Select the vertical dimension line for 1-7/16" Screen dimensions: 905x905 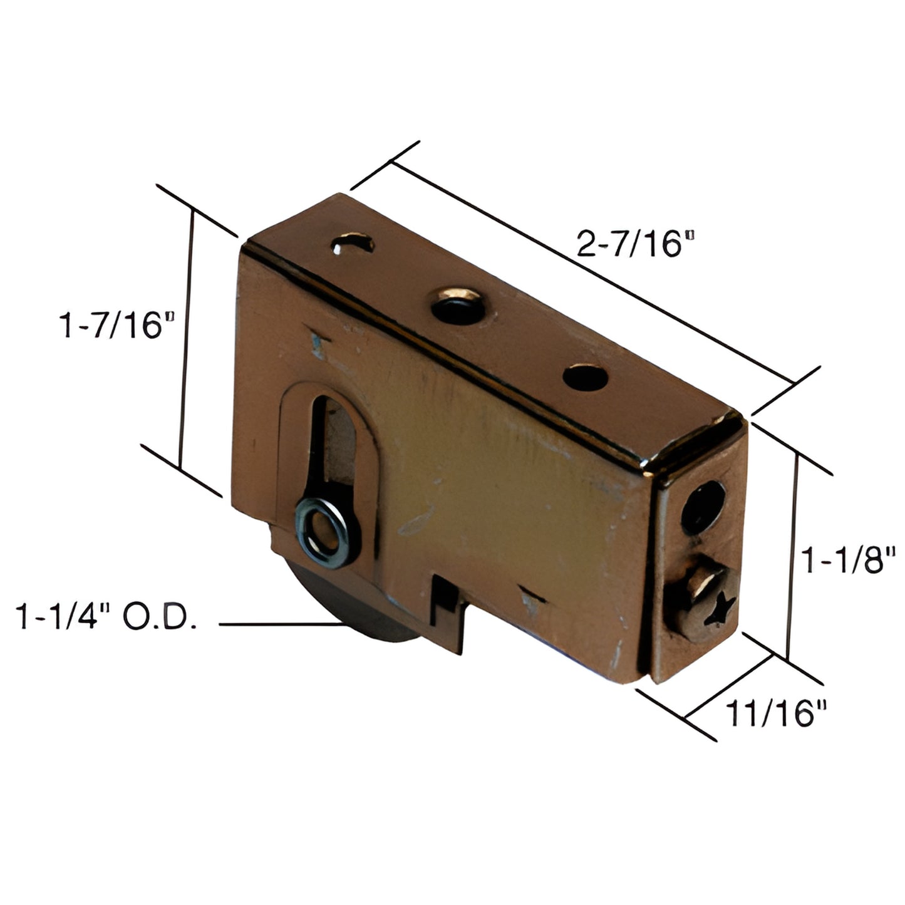[185, 341]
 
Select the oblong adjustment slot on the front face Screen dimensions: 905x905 [331, 457]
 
